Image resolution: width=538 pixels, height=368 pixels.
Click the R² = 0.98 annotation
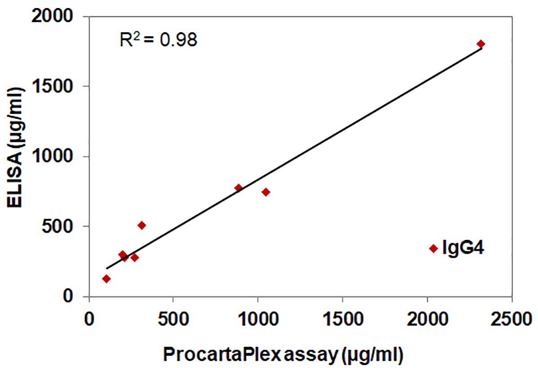(158, 40)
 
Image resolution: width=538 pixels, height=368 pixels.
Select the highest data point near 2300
(481, 44)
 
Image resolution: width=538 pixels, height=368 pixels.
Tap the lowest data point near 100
(106, 279)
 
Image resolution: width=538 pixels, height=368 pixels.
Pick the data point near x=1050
(266, 192)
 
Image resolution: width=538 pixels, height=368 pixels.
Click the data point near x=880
(239, 188)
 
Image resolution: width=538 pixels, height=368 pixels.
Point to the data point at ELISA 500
(142, 225)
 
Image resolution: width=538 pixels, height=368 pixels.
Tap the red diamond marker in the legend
(433, 248)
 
